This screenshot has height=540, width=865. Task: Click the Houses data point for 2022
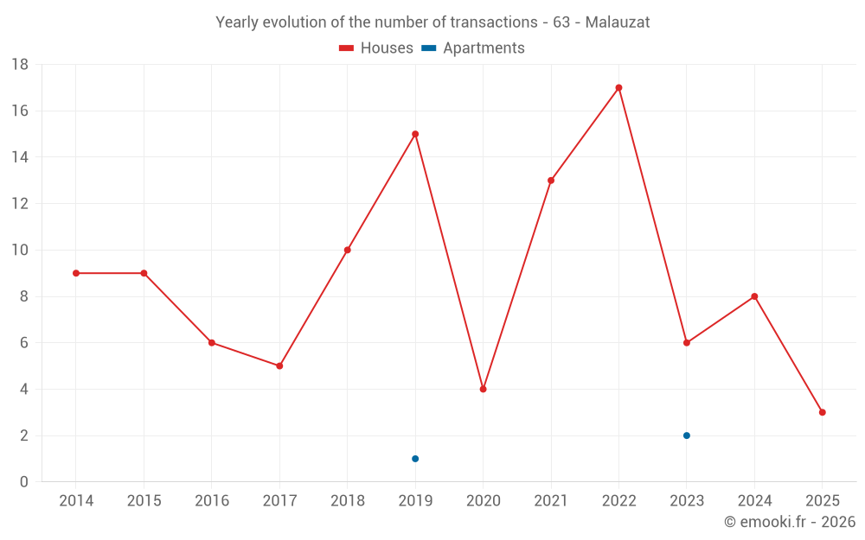[x=618, y=87]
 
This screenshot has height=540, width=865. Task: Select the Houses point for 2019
[x=415, y=134]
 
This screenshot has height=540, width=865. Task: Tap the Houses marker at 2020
[x=483, y=389]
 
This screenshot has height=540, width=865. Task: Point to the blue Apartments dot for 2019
[x=415, y=459]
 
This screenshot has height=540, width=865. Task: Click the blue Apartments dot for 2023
[x=687, y=435]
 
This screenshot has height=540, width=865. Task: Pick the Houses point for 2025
[x=822, y=412]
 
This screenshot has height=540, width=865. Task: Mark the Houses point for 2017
[x=279, y=365]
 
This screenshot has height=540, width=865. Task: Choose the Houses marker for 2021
[x=551, y=181]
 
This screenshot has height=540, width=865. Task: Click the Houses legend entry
[x=376, y=48]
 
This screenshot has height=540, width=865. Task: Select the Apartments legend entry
[x=473, y=48]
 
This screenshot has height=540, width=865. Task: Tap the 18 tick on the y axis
[x=20, y=65]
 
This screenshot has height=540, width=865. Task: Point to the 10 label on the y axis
[x=20, y=251]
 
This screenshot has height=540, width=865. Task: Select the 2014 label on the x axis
[x=76, y=501]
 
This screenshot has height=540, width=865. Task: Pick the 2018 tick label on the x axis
[x=347, y=501]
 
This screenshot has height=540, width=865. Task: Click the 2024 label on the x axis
[x=754, y=501]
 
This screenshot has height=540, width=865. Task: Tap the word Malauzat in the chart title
[x=618, y=22]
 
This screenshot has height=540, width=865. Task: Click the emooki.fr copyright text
[x=789, y=522]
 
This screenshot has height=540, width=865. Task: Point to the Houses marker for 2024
[x=754, y=296]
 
